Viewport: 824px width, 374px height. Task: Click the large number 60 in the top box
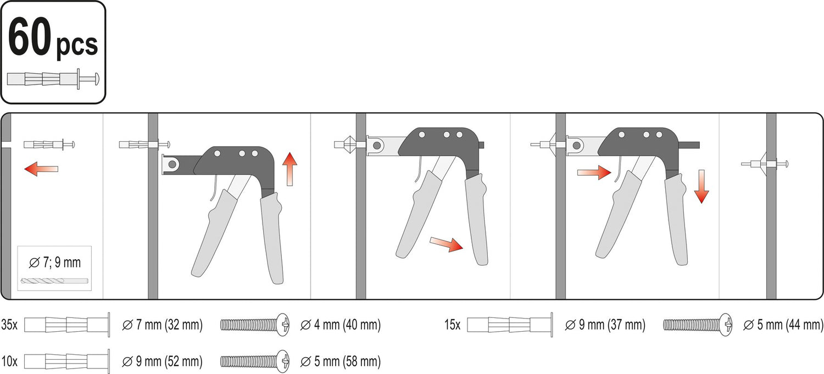tap(30, 37)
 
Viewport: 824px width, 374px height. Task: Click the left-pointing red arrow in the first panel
tap(41, 169)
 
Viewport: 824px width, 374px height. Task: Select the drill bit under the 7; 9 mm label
tap(54, 281)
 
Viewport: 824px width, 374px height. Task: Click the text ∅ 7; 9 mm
tap(54, 262)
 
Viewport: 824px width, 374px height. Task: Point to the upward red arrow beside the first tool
tap(290, 169)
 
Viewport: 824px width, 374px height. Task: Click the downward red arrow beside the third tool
tap(701, 186)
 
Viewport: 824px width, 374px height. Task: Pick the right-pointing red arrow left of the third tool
tap(594, 172)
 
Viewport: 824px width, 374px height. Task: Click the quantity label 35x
tap(9, 325)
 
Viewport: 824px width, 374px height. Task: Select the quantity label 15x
tap(452, 325)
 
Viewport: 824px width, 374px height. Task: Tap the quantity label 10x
tap(9, 361)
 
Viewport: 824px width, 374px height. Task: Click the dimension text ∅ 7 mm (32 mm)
tap(162, 325)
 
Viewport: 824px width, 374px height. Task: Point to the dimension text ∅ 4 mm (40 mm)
tap(340, 325)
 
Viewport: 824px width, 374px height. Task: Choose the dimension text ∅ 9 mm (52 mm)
tap(162, 361)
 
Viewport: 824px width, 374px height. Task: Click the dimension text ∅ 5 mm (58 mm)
tap(340, 361)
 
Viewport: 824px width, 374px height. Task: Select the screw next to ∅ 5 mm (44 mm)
tap(698, 325)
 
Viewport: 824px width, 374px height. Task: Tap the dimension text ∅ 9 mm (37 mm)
tap(605, 325)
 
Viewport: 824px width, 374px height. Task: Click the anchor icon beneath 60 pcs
tap(53, 79)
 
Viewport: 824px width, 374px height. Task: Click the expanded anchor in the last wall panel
tap(765, 164)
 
